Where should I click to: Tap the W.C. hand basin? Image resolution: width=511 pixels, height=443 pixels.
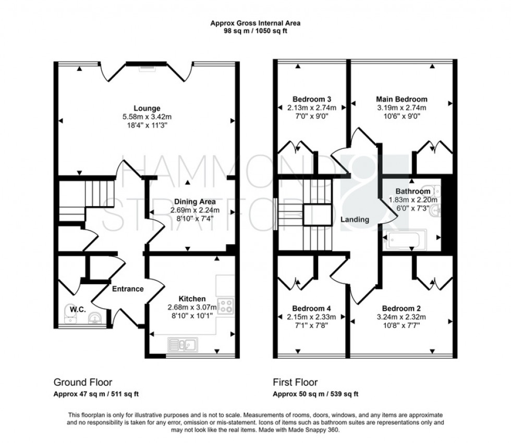(94, 317)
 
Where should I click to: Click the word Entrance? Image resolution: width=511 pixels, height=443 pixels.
(128, 289)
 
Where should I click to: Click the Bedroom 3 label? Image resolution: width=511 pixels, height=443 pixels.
(312, 99)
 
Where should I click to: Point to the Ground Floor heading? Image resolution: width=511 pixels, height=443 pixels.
(83, 382)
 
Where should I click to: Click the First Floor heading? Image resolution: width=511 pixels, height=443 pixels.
(295, 382)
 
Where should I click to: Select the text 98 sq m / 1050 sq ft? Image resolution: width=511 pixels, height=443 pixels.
(256, 31)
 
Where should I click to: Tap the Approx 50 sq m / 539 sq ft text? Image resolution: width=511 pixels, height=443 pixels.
(315, 394)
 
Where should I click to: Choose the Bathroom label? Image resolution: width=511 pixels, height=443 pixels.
(413, 192)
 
